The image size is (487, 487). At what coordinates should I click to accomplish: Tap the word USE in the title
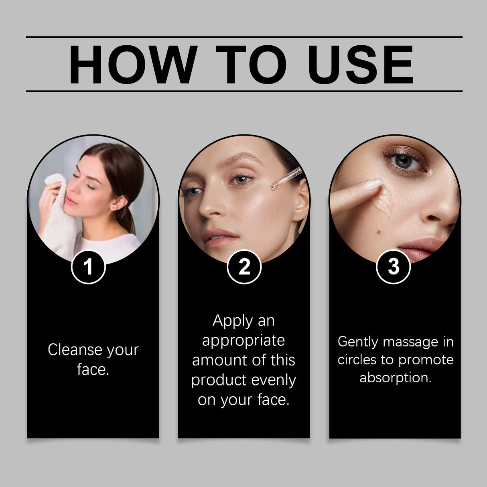click(360, 65)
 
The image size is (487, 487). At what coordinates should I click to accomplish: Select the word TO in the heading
click(252, 65)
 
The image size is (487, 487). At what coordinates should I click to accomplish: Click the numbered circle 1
click(88, 267)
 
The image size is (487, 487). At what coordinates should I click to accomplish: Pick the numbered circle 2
click(244, 267)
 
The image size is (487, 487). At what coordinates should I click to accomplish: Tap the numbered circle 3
click(393, 267)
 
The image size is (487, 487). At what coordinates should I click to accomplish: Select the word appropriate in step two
click(244, 341)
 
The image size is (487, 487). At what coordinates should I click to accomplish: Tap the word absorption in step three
click(395, 377)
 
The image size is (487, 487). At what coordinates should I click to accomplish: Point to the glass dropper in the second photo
click(286, 179)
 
